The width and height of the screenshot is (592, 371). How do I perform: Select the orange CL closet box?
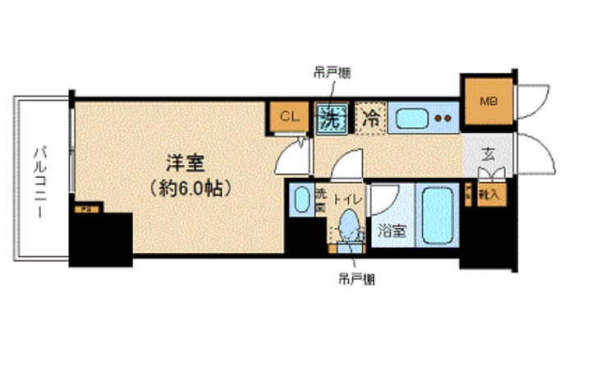pyautogui.click(x=287, y=117)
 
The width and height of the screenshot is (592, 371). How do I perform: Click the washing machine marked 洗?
pyautogui.click(x=332, y=117)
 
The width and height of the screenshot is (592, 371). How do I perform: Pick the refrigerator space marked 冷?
pyautogui.click(x=370, y=117)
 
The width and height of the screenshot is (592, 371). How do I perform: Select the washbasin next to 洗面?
pyautogui.click(x=301, y=199)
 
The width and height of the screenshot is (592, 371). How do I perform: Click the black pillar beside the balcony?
pyautogui.click(x=102, y=239)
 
